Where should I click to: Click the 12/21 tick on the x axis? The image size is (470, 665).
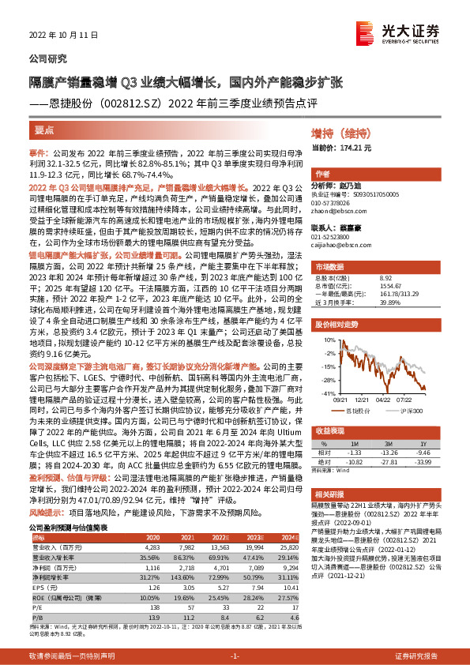tap(360, 400)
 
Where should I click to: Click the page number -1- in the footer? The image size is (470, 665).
tap(235, 656)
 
